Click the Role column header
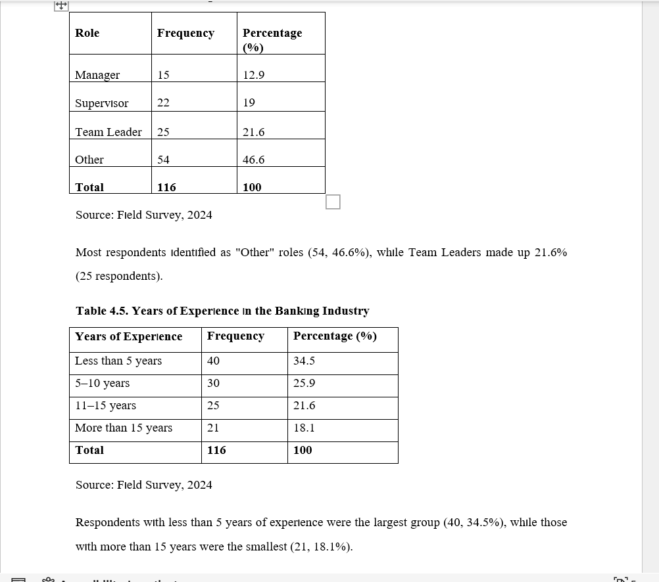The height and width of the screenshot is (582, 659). point(87,33)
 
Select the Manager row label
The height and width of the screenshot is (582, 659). point(97,75)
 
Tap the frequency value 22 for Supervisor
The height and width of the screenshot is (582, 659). point(163,102)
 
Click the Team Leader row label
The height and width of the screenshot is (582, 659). point(109,132)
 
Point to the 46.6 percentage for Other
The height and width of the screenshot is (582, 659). point(254,160)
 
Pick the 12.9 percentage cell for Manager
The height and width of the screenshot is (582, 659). point(254,75)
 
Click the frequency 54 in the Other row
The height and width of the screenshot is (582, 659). point(163,160)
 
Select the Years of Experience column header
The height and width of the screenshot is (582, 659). point(129,336)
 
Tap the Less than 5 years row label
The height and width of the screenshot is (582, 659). point(118,361)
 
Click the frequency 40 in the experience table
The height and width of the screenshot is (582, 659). point(213,361)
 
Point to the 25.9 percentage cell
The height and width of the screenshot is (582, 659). point(305,383)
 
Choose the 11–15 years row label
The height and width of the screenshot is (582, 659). point(106,405)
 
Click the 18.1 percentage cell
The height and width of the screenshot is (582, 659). point(305,428)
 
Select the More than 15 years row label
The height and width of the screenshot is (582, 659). point(124,428)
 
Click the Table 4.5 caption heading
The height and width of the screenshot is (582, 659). point(222,311)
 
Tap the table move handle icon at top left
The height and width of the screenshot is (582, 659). point(61,5)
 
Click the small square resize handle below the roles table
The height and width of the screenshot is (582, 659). point(333,202)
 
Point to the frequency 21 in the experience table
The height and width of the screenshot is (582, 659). point(213,428)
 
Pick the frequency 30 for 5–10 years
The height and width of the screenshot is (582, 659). point(213,383)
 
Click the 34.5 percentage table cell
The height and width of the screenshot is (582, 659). point(305,361)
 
